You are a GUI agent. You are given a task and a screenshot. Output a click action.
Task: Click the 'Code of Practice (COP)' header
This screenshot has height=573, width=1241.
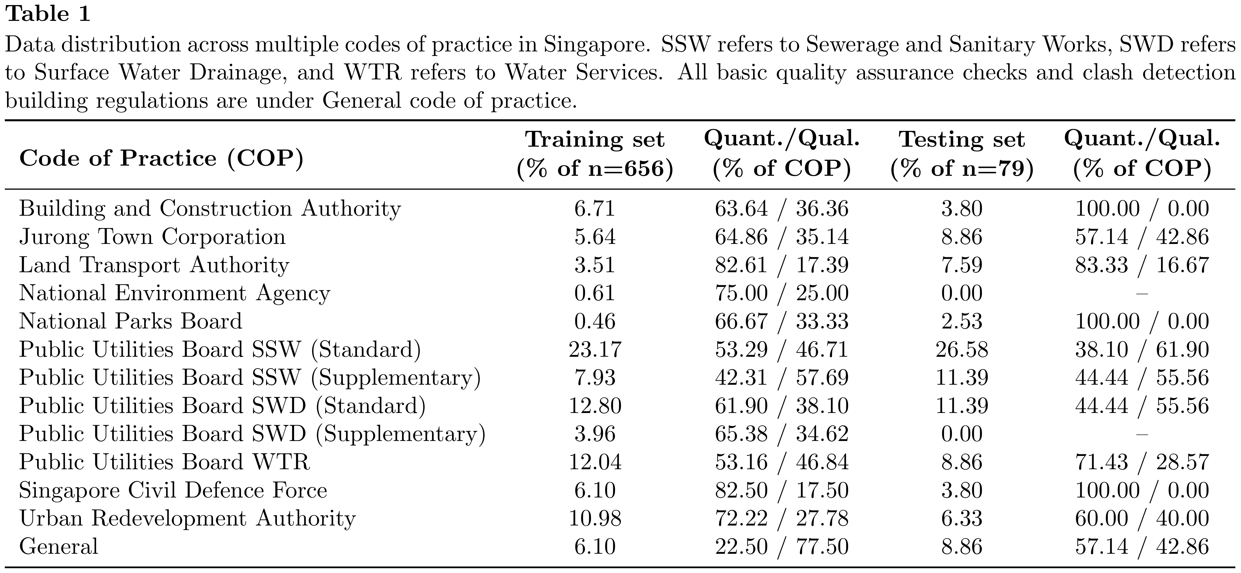(x=162, y=158)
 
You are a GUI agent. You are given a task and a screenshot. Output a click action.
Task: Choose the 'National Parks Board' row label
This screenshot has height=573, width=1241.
(x=131, y=321)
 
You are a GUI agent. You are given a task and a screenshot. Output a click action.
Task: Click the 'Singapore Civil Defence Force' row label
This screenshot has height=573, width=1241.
(x=173, y=490)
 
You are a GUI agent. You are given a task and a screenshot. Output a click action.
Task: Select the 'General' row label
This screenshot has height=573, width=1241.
(x=59, y=546)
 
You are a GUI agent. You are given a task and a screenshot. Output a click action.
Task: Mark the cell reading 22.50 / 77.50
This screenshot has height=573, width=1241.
(x=781, y=546)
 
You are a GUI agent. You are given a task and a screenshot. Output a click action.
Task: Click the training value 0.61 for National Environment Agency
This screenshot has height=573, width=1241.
(x=595, y=293)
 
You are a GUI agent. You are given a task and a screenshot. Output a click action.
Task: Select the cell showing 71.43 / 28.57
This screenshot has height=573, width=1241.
(x=1142, y=462)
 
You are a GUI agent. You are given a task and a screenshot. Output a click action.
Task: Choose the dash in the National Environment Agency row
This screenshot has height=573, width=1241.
(x=1142, y=293)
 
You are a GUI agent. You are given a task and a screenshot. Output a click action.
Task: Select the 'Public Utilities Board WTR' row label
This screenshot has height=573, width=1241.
(x=165, y=462)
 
